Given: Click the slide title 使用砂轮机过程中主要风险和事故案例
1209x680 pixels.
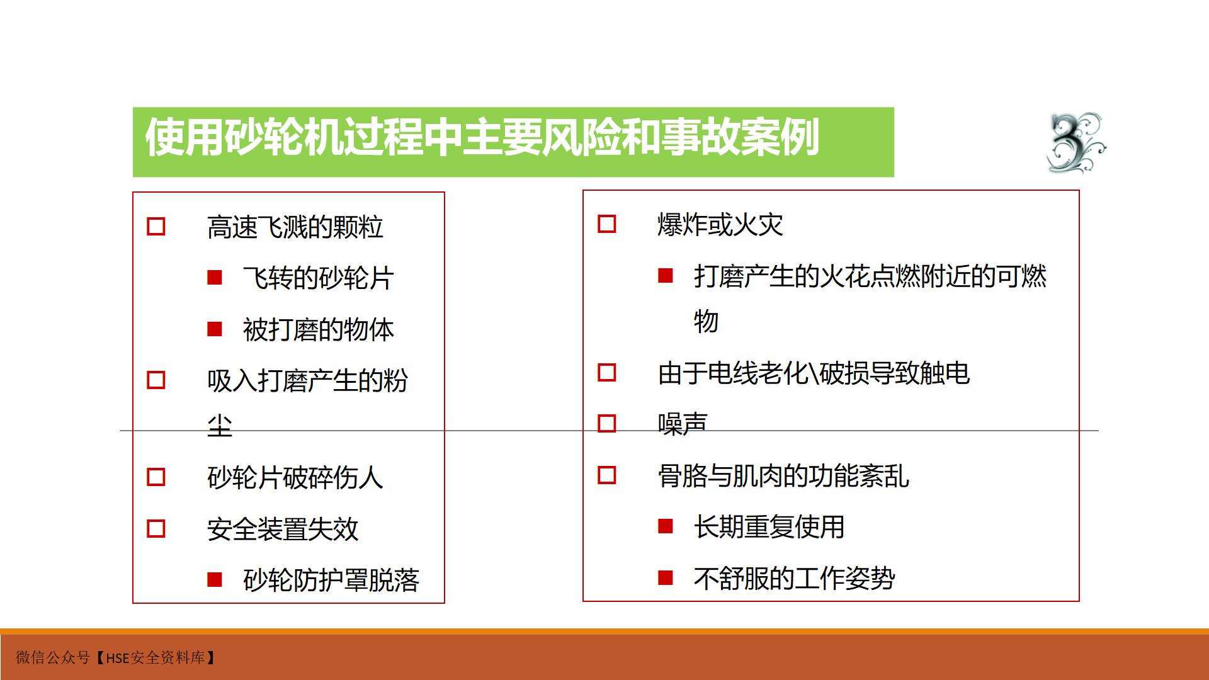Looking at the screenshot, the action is (x=482, y=137).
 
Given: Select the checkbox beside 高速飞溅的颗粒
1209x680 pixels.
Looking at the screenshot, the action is (x=156, y=227).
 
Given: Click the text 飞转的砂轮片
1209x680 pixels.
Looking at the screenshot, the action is (x=319, y=278).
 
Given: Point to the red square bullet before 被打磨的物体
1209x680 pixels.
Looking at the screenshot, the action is (x=215, y=329).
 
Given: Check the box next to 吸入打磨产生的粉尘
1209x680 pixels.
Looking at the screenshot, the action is (x=156, y=380).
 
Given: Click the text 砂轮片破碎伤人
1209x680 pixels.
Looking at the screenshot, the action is (x=295, y=478).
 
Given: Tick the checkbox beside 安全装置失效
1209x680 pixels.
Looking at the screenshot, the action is (x=156, y=529).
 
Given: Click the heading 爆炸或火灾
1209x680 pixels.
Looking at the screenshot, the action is (x=720, y=225).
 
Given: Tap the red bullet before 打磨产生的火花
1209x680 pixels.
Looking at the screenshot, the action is (x=666, y=276).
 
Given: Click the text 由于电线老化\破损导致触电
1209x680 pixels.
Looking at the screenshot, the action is (x=814, y=373).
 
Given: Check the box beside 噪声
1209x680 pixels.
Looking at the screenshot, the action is (x=606, y=424).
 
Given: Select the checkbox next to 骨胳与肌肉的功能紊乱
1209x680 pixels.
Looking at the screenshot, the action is (x=606, y=475).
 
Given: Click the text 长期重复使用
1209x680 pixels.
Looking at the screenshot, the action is (x=769, y=527).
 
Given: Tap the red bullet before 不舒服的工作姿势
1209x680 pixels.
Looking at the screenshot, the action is (x=666, y=578).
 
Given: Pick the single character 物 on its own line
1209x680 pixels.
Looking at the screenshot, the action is (x=706, y=322).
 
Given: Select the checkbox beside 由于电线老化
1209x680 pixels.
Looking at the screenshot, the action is (x=606, y=373).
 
